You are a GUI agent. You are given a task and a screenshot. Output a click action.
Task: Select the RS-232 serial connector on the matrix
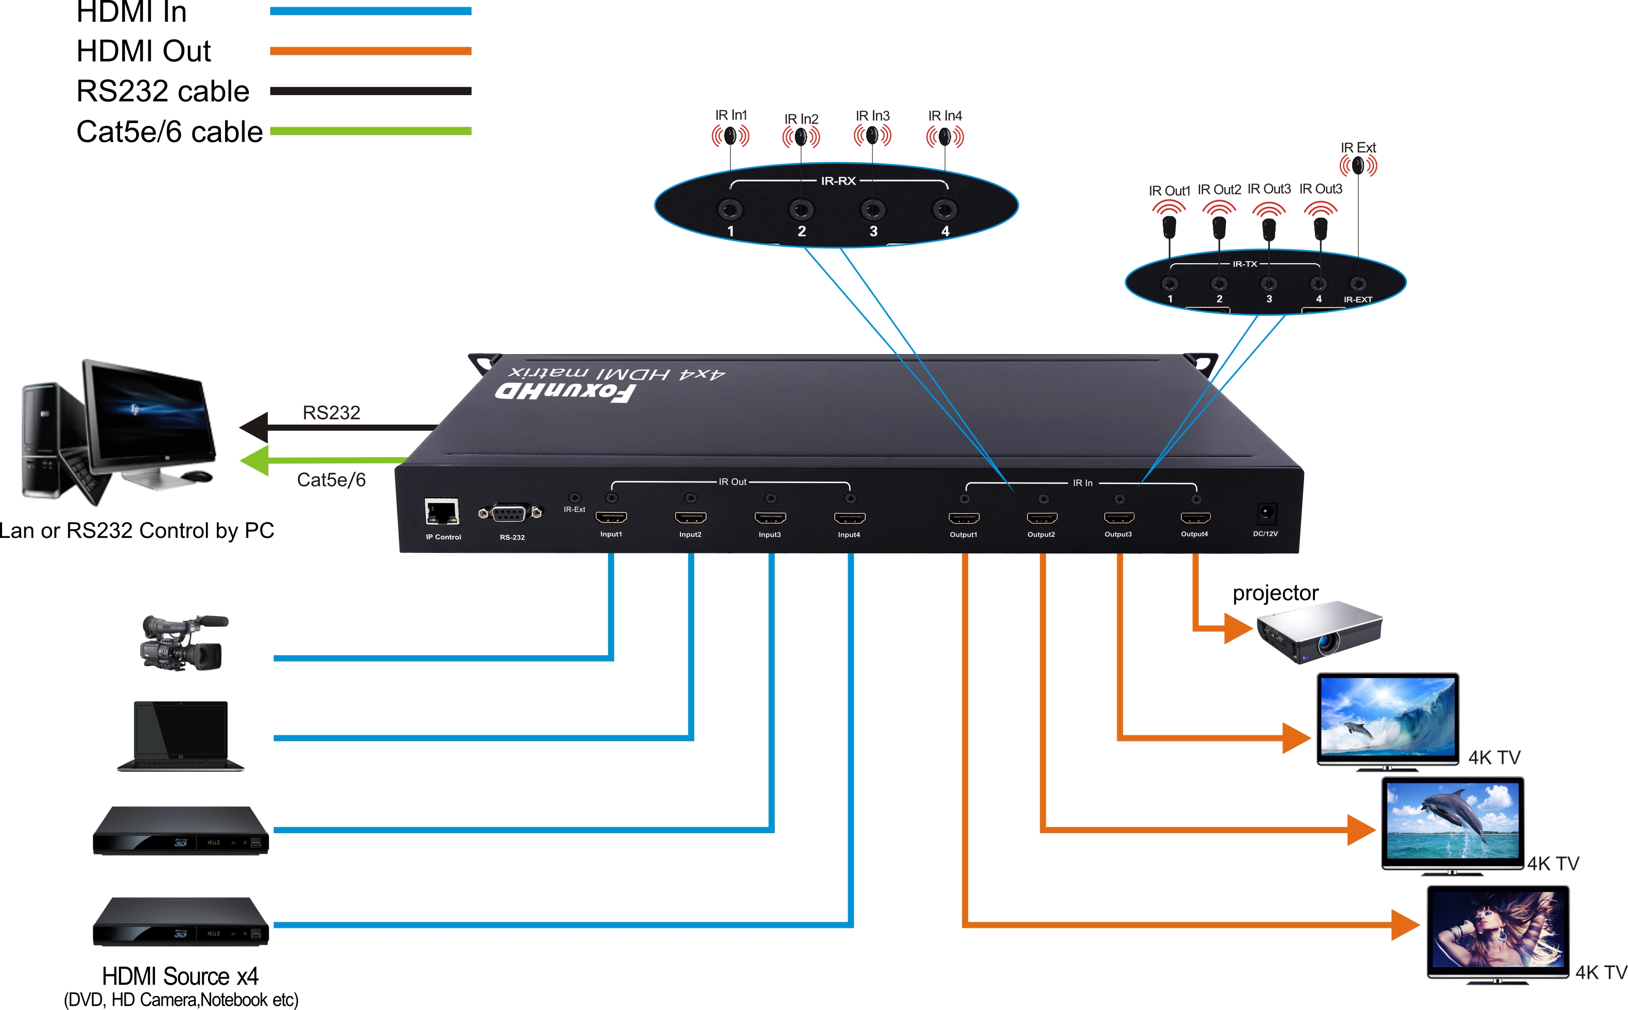point(511,514)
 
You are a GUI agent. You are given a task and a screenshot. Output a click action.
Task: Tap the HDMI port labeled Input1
point(611,517)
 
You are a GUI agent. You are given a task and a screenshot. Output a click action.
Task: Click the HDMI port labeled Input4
point(849,518)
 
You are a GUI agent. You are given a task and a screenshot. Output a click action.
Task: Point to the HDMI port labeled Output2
point(1041,518)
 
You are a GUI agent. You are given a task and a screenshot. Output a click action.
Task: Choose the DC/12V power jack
point(1266,514)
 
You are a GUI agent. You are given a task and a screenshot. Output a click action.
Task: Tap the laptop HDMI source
point(181,735)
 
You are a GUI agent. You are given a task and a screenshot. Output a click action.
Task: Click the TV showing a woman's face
point(1498,931)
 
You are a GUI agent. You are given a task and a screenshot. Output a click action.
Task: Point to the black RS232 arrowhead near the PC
point(255,427)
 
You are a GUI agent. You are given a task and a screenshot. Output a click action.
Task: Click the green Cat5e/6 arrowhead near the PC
point(255,460)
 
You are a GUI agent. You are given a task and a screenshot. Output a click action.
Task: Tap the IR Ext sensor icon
point(1358,165)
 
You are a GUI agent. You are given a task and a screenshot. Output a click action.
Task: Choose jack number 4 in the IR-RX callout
point(944,210)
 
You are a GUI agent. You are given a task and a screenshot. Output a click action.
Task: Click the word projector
point(1275,593)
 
